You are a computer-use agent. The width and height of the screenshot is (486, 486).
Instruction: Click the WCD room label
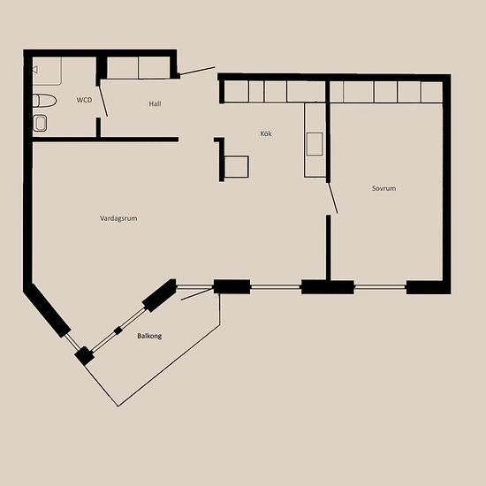(84, 100)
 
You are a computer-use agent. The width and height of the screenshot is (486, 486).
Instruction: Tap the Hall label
(155, 103)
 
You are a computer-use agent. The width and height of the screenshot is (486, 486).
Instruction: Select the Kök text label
(266, 133)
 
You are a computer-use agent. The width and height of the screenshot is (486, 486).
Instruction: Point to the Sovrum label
(383, 188)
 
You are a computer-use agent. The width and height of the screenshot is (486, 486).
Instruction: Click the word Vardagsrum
(118, 218)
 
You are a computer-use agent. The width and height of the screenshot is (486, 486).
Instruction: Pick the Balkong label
(149, 336)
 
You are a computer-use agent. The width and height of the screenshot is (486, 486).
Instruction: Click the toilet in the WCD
(45, 101)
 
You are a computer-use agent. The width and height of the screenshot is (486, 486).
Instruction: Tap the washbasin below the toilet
(40, 124)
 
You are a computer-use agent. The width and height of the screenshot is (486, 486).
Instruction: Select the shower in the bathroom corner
(47, 71)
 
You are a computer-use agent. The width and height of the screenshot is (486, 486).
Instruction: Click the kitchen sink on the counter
(315, 144)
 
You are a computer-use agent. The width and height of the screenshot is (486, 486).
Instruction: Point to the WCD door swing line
(103, 102)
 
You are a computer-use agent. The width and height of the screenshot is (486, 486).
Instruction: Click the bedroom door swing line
(333, 198)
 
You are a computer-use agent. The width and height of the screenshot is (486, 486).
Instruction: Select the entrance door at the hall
(197, 71)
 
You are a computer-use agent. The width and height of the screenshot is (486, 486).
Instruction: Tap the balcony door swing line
(196, 295)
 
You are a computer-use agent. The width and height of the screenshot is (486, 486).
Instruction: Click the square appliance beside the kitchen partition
(237, 167)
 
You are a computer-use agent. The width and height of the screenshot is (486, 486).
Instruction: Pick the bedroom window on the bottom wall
(380, 287)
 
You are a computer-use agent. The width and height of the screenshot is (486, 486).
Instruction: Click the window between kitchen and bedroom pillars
(276, 287)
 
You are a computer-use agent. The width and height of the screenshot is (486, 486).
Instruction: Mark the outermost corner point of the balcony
(118, 406)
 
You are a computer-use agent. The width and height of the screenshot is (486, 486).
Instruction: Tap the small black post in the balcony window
(118, 330)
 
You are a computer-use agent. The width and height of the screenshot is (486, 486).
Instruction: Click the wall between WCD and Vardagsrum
(105, 140)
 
